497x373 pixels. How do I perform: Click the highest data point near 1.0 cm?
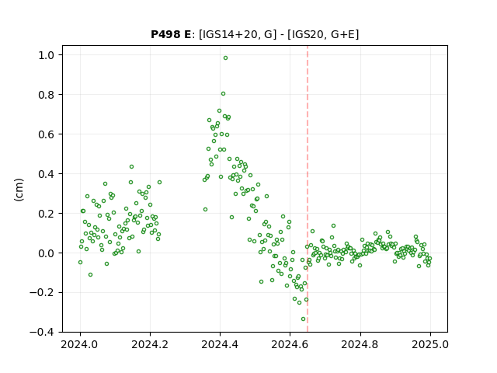225,58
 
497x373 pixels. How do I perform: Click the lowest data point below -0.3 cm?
303,319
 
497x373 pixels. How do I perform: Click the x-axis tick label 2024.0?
80,344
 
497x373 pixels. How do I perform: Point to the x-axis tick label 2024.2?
150,344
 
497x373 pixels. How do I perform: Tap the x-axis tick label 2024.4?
220,344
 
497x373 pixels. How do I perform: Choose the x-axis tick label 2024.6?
290,344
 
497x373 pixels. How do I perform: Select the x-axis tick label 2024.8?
360,344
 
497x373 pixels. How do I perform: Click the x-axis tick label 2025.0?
430,344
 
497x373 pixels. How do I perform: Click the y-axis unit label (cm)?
19,190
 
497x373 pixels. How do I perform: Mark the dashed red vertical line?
308,189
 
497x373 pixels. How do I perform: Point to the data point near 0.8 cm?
223,93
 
